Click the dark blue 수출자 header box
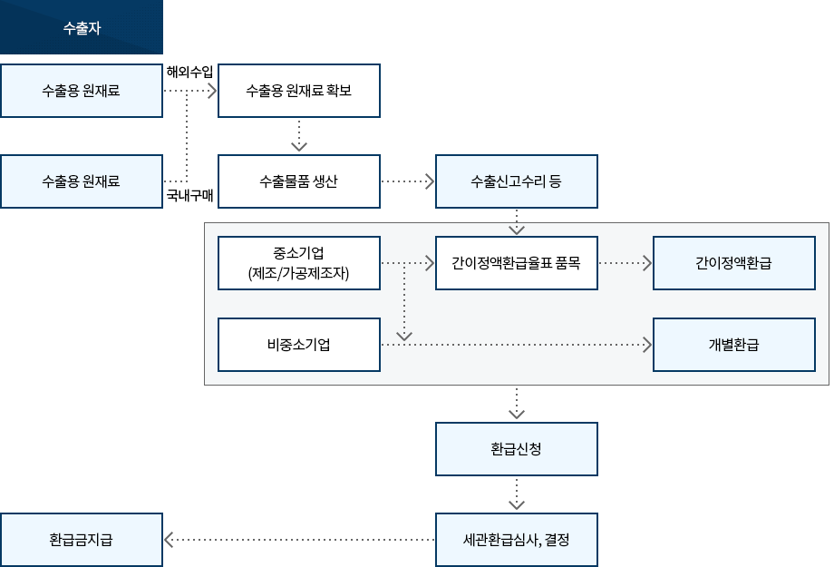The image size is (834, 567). pyautogui.click(x=82, y=27)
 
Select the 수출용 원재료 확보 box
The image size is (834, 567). pyautogui.click(x=299, y=91)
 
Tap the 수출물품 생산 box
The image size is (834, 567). pyautogui.click(x=299, y=181)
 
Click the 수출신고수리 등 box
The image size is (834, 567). pyautogui.click(x=517, y=181)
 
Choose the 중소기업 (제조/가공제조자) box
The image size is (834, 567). pyautogui.click(x=299, y=263)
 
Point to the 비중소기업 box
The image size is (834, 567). pyautogui.click(x=299, y=345)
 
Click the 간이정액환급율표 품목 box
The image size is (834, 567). pyautogui.click(x=517, y=263)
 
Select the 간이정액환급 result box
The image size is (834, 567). pyautogui.click(x=734, y=263)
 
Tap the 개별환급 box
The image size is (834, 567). pyautogui.click(x=734, y=345)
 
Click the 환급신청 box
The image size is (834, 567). pyautogui.click(x=517, y=449)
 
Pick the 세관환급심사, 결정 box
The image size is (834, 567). pyautogui.click(x=517, y=540)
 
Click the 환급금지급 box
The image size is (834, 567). pyautogui.click(x=82, y=540)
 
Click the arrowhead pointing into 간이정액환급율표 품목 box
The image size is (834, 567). pyautogui.click(x=430, y=264)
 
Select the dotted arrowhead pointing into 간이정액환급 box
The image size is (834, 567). pyautogui.click(x=647, y=264)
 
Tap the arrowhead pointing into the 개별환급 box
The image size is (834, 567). pyautogui.click(x=647, y=345)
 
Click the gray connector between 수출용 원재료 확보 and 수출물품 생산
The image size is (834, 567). pyautogui.click(x=299, y=136)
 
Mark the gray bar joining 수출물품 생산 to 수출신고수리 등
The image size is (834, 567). pyautogui.click(x=408, y=181)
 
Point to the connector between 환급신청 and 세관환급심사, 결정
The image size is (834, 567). pyautogui.click(x=517, y=494)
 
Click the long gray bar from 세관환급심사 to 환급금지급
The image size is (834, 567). pyautogui.click(x=299, y=540)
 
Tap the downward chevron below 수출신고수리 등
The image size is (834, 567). pyautogui.click(x=517, y=227)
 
